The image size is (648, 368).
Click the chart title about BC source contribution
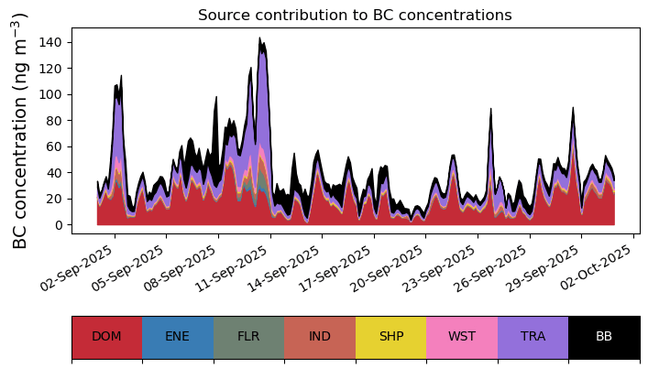[355, 15]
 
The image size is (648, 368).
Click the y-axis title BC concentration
[20, 130]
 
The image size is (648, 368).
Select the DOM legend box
[106, 337]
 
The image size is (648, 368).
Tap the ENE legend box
[178, 337]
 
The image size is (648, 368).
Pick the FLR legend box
[248, 337]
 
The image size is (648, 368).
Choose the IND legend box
[320, 337]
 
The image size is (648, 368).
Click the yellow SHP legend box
[390, 337]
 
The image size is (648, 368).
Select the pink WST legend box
[462, 337]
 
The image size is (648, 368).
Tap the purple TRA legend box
[533, 337]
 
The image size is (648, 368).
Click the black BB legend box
[604, 337]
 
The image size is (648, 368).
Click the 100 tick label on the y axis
[52, 94]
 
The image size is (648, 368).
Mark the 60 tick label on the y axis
[56, 146]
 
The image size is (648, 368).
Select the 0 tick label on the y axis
[60, 224]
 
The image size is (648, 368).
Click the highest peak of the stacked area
[260, 39]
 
